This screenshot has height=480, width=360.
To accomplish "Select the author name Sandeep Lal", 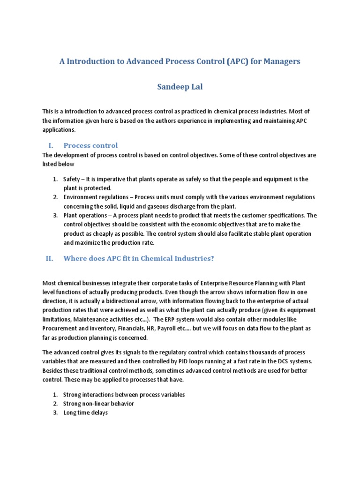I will [180, 87].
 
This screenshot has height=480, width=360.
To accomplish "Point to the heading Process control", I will [90, 145].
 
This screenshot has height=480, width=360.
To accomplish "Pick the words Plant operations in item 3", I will [86, 216].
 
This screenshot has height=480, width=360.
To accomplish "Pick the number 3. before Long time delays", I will [55, 412].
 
